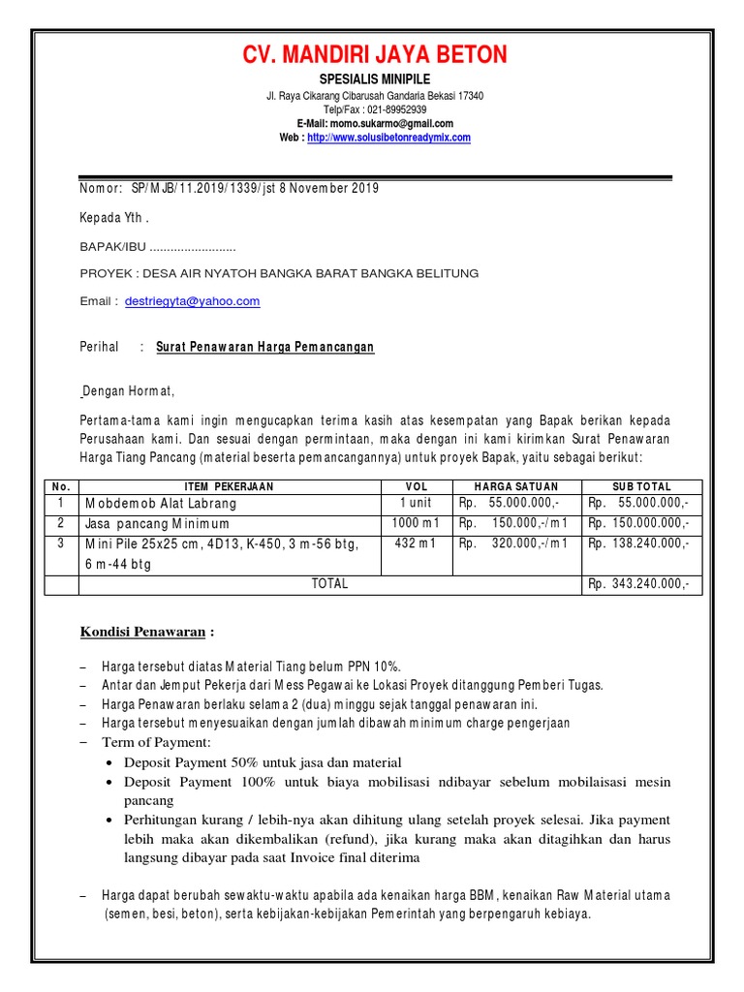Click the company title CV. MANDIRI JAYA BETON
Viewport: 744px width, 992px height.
(x=374, y=55)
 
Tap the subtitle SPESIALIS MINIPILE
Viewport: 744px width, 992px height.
(x=374, y=78)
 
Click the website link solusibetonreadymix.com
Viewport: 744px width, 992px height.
(x=388, y=138)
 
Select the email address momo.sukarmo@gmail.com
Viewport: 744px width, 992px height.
(x=390, y=124)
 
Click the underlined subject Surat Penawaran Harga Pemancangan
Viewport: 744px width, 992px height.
(x=264, y=347)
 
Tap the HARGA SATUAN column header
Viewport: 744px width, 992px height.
(x=516, y=486)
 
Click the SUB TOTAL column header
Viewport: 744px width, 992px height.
(x=642, y=486)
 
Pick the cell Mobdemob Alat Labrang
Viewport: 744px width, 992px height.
(x=161, y=504)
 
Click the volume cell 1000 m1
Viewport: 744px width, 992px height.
(x=415, y=523)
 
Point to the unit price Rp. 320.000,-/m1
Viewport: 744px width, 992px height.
(x=514, y=543)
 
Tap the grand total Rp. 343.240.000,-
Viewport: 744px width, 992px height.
(x=639, y=584)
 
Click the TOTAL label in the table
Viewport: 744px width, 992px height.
(x=329, y=584)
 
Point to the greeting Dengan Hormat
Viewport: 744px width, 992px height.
(x=129, y=391)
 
